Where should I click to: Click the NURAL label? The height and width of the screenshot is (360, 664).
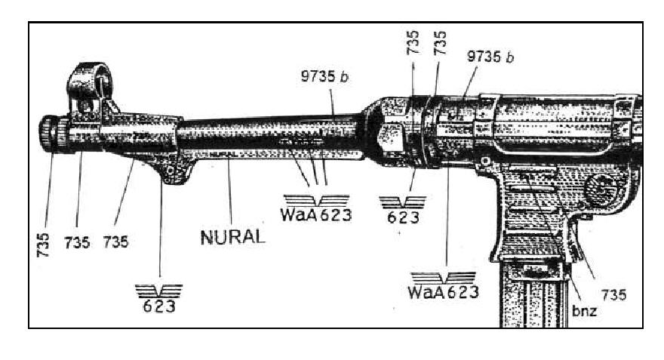[232, 236]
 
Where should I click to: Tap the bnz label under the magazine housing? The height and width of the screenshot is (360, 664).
[583, 310]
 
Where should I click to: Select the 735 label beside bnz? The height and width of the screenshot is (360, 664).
[615, 294]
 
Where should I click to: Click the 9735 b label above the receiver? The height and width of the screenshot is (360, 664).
[491, 57]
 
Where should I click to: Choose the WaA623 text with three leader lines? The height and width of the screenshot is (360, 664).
[316, 214]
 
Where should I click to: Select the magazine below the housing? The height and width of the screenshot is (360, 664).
[534, 294]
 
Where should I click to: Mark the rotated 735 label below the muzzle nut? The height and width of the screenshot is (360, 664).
[44, 245]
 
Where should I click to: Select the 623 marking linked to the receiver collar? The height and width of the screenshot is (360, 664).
[402, 217]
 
